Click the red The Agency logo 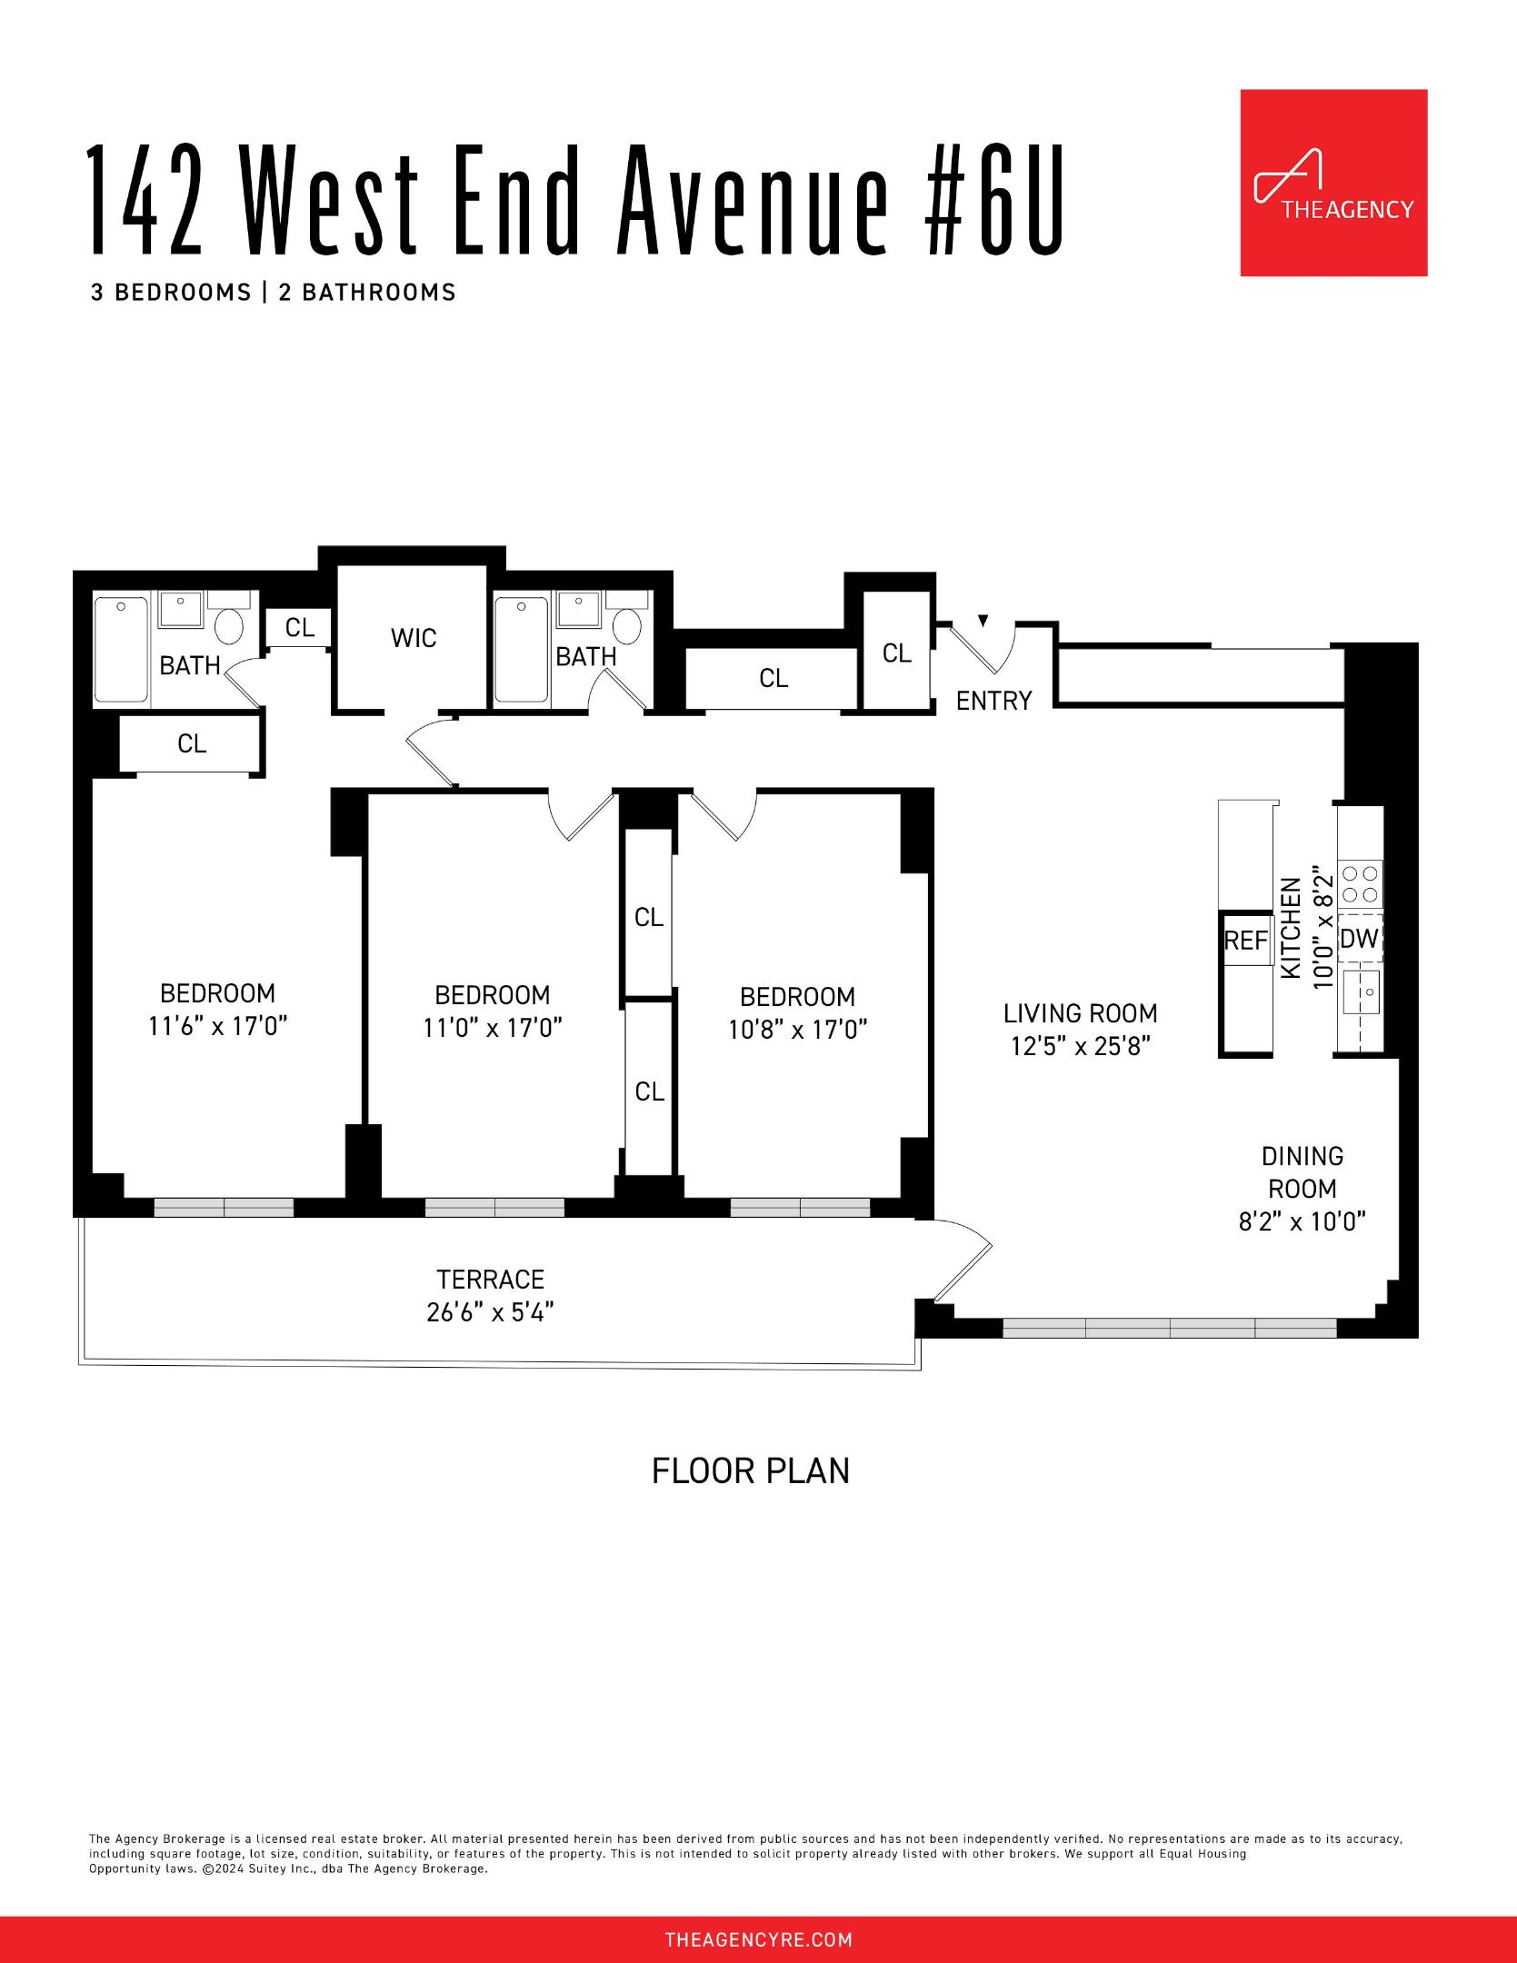[x=1333, y=182]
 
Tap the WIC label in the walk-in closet [x=414, y=638]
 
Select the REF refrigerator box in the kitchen [x=1245, y=941]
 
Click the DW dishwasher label [x=1359, y=939]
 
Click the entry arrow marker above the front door [x=983, y=621]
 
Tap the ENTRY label [x=993, y=701]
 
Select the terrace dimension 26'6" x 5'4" [x=490, y=1312]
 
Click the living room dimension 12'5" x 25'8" [x=1080, y=1046]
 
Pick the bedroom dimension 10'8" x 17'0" [x=797, y=1030]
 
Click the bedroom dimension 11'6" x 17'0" [x=217, y=1026]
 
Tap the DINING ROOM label [x=1302, y=1172]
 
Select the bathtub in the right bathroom [x=521, y=649]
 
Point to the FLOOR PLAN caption [x=750, y=1470]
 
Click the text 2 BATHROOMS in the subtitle [x=366, y=293]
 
